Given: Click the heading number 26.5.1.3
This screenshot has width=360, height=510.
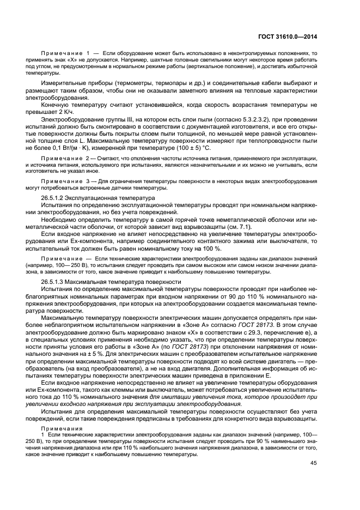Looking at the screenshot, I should coord(54,282).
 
